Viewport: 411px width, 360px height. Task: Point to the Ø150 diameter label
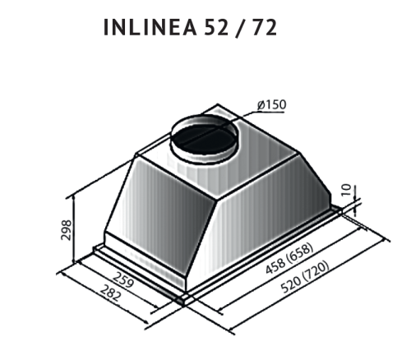270,105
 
